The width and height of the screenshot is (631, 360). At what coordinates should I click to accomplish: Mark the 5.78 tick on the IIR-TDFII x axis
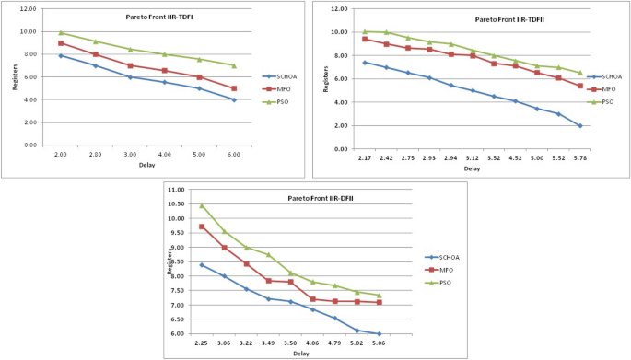coord(579,159)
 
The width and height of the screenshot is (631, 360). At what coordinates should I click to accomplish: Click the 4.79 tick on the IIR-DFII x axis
coord(334,343)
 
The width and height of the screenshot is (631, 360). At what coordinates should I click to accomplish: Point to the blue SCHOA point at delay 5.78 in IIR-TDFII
coord(579,125)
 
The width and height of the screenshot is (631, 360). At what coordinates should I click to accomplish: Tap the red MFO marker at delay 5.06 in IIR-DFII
coord(379,302)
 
